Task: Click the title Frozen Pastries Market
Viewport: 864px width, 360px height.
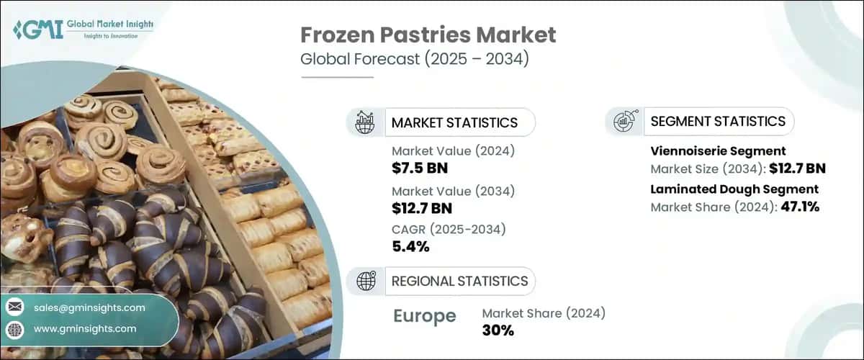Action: pos(428,35)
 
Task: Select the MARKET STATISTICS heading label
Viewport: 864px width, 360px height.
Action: pos(454,122)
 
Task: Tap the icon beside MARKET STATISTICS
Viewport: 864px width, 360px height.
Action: pos(364,122)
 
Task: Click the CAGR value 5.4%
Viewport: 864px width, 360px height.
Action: pos(410,247)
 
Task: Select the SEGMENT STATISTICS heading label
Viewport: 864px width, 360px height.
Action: pos(718,121)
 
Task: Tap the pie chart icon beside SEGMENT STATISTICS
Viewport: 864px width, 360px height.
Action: pos(624,122)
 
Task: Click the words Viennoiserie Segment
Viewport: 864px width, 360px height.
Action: pos(718,151)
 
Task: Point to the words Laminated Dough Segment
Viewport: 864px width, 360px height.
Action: pos(734,189)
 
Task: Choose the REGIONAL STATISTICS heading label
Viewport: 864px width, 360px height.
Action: pos(459,280)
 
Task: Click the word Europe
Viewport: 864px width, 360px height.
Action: pos(424,316)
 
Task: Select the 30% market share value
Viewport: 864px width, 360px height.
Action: pos(498,330)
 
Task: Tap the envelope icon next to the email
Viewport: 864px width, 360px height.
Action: pos(14,307)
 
